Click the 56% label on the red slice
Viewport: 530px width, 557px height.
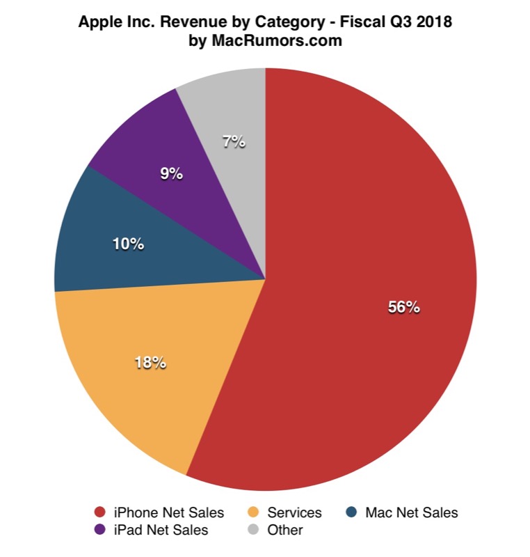coord(404,307)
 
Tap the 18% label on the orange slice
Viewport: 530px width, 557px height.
coord(150,363)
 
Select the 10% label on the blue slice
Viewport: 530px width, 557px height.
coord(128,244)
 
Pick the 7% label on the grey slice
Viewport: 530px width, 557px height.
coord(234,141)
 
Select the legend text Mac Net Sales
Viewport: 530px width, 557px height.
coord(411,513)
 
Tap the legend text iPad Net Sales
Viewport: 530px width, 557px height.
coord(160,531)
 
